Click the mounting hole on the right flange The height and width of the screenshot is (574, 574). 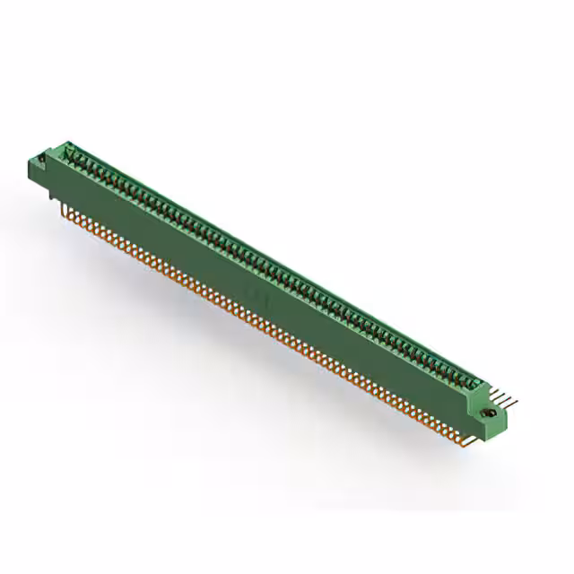[x=490, y=413]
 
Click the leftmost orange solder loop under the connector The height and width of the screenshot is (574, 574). [x=65, y=208]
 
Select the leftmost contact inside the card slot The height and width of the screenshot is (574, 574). [x=74, y=157]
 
